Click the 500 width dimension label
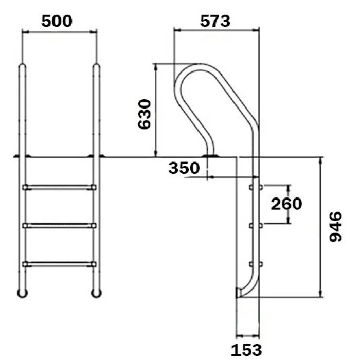(57, 21)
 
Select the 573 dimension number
(214, 21)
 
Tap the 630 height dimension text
(144, 114)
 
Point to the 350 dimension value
(184, 168)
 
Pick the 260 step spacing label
(286, 204)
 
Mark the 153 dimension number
(246, 349)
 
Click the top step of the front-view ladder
(59, 187)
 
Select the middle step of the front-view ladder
(59, 225)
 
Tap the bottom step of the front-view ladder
(59, 264)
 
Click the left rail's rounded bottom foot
(22, 293)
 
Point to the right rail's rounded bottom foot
(96, 293)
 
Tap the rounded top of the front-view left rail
(22, 66)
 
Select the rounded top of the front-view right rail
(96, 66)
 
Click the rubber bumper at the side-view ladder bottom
(238, 293)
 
